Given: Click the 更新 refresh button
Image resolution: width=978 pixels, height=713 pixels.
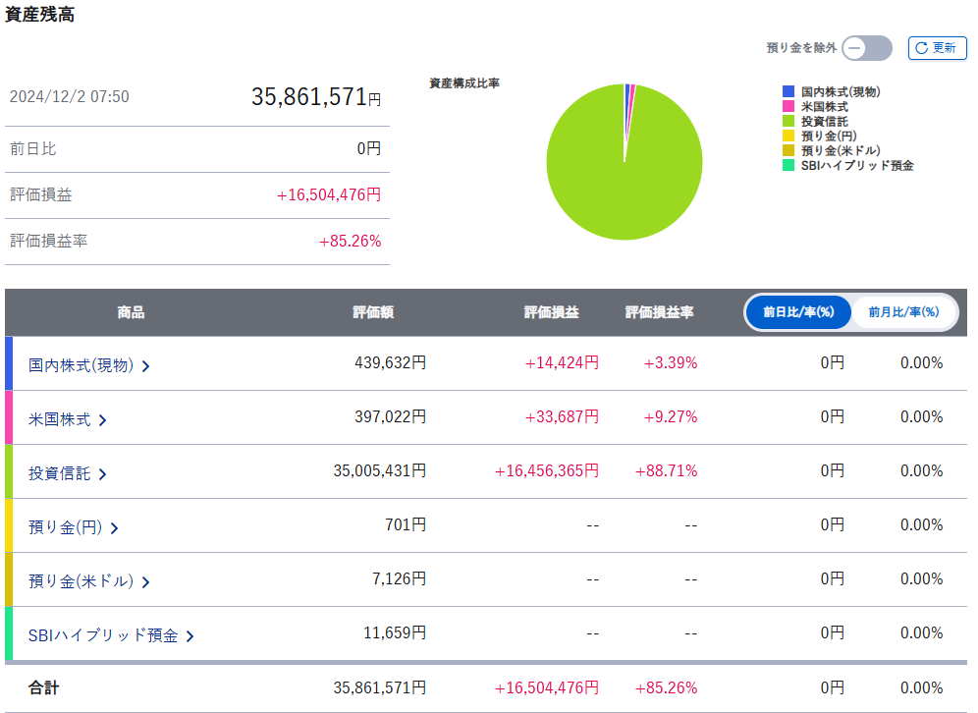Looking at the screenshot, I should click(937, 47).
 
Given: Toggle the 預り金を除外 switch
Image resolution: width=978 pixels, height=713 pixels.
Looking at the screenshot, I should click(867, 47).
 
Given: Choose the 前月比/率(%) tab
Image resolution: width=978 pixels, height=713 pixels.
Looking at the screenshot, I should click(903, 312).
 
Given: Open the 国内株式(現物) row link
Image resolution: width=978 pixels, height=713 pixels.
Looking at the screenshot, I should click(89, 365).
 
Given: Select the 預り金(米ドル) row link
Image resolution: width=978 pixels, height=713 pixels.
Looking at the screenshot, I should click(89, 581).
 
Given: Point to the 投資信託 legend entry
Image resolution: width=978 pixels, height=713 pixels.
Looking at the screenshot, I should click(824, 121).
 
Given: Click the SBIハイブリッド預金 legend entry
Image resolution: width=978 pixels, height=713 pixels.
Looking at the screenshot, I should click(856, 165).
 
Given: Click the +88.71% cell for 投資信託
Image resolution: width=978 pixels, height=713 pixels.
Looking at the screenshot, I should click(671, 471).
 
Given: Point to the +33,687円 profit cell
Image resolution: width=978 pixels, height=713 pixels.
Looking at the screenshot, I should click(562, 417).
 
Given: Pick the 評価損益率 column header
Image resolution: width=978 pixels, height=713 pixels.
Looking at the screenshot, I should click(660, 312).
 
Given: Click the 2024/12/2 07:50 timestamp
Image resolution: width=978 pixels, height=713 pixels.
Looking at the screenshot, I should click(69, 96).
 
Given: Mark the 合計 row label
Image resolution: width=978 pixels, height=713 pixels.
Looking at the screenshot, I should click(43, 687).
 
